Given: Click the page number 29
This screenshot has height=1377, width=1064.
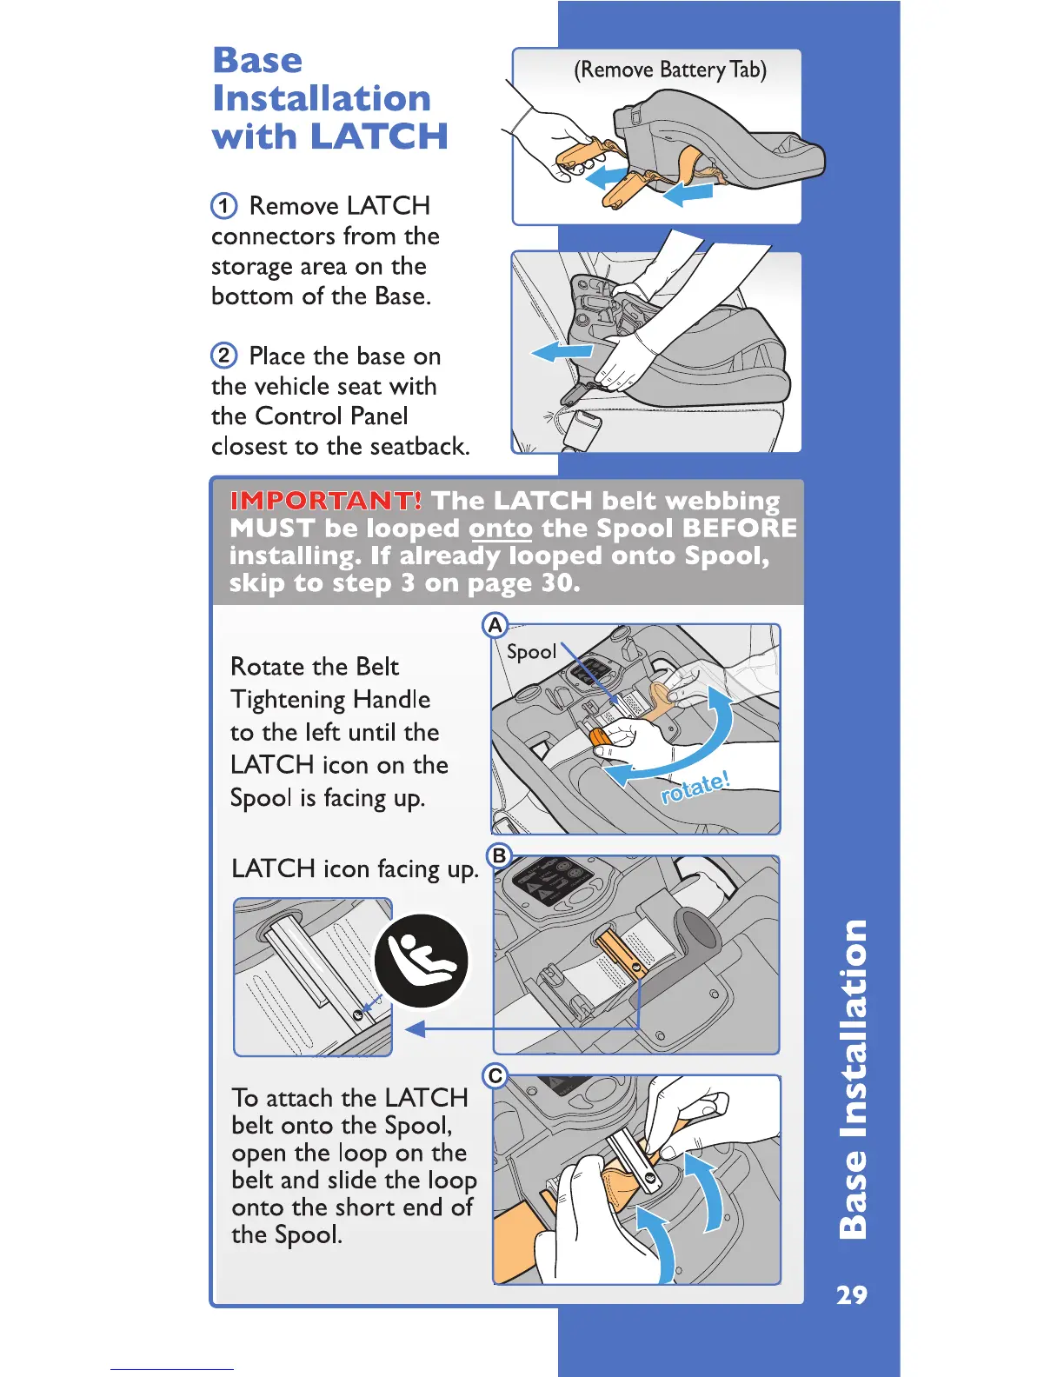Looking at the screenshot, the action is click(x=851, y=1295).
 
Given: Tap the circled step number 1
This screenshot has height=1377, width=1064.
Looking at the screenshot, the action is click(x=224, y=206).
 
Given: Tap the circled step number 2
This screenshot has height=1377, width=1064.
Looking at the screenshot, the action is click(x=224, y=356).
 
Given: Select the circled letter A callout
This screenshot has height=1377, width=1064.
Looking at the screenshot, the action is click(x=495, y=625).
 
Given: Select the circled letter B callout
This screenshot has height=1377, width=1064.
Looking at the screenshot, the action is click(x=499, y=855).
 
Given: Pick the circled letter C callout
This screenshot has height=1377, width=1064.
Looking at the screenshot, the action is click(x=495, y=1076).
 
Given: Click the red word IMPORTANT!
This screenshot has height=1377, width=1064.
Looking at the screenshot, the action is click(x=326, y=501).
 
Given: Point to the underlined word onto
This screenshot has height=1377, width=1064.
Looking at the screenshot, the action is click(x=500, y=529).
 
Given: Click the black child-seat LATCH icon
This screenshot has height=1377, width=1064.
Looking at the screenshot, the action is click(x=422, y=961).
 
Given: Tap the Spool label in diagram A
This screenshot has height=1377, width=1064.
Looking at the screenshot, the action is click(x=531, y=652).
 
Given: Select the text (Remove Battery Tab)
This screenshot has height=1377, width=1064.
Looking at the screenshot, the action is click(x=669, y=70).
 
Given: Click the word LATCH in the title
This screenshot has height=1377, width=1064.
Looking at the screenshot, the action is click(x=379, y=136).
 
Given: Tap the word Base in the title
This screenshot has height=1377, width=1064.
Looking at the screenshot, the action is click(x=257, y=60).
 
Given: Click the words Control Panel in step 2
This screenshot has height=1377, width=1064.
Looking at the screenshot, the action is click(x=331, y=416).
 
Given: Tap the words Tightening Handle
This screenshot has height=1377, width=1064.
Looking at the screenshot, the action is click(x=330, y=700).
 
